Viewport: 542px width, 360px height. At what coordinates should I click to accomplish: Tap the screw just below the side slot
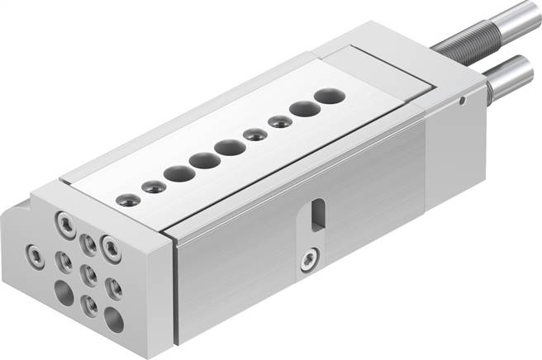click(x=307, y=261)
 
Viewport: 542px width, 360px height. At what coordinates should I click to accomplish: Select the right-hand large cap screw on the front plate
click(x=111, y=246)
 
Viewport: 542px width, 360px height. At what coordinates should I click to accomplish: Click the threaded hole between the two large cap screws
click(x=88, y=244)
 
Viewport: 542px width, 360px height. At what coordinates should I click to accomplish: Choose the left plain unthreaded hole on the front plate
click(x=64, y=291)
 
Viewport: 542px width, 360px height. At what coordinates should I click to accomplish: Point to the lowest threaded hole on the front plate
click(x=89, y=306)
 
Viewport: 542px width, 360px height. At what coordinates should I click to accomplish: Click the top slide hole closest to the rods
click(x=330, y=96)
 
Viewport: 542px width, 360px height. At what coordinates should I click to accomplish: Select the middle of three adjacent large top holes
click(x=204, y=160)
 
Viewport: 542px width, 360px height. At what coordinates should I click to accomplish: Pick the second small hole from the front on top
click(x=154, y=186)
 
